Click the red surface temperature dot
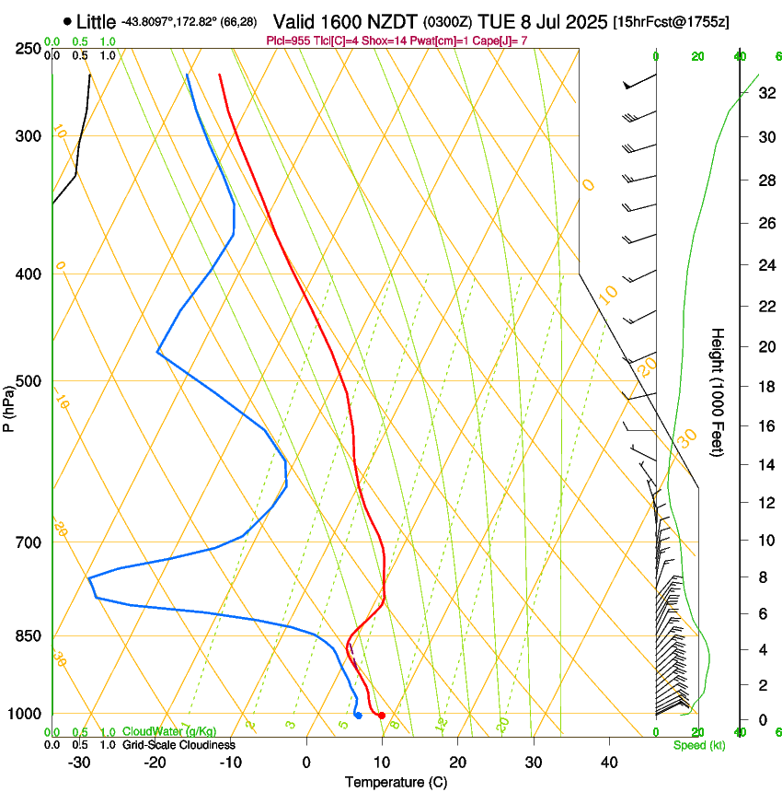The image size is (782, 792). coord(382,716)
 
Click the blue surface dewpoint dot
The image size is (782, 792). coord(358,716)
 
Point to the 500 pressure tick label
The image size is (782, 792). coord(29,381)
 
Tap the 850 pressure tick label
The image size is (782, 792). coord(29,636)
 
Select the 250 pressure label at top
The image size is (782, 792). coord(29,49)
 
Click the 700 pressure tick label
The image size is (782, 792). coord(29,542)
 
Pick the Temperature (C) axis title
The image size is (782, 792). coord(396,782)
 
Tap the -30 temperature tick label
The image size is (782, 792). coord(79,762)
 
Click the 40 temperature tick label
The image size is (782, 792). coord(608,762)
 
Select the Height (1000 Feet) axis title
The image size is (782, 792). coord(719,391)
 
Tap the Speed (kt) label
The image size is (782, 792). coord(698,745)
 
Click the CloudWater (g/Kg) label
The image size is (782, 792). coord(169,732)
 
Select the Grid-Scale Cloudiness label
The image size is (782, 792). coord(178,745)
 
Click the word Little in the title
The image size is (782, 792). coord(96,21)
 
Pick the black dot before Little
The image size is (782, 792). coord(68,21)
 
